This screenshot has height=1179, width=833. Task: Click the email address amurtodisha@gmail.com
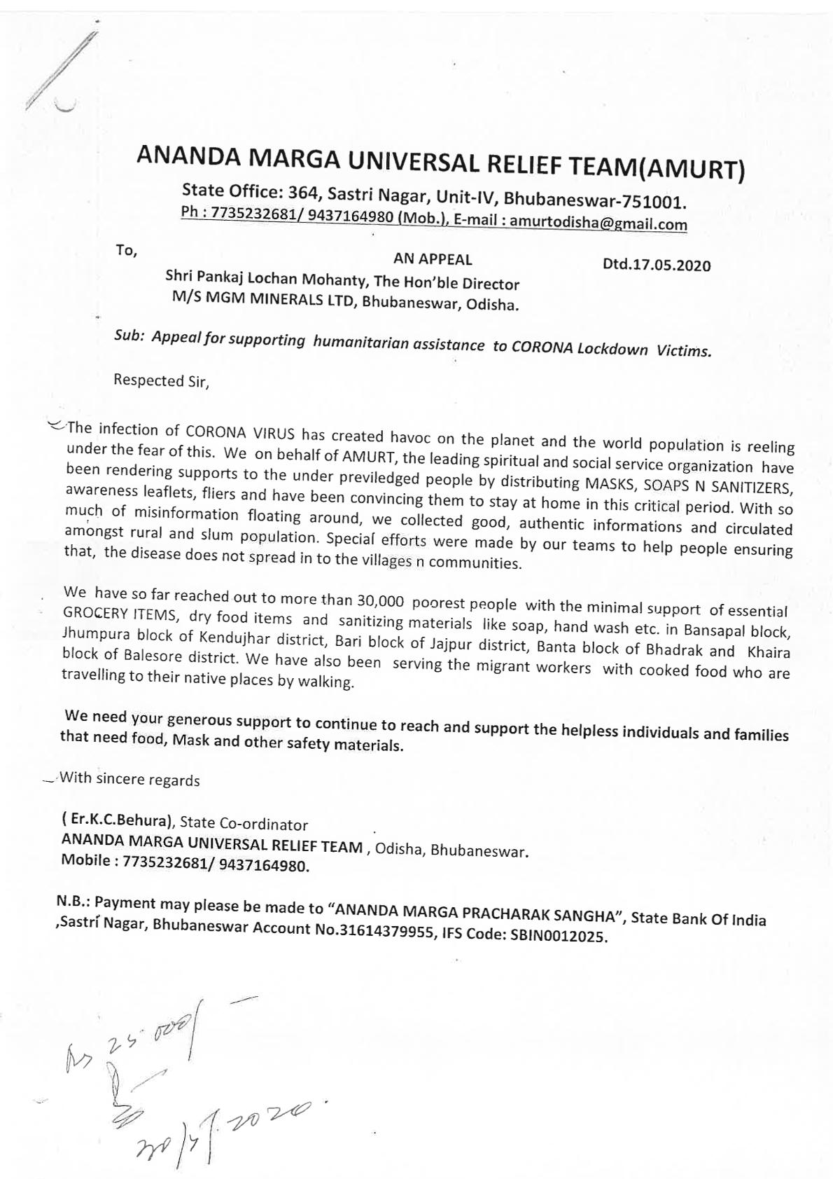tap(598, 222)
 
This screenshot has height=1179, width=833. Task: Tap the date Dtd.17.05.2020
tap(656, 266)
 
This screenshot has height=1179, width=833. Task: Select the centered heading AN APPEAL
tap(432, 259)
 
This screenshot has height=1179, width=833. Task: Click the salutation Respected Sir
tap(161, 381)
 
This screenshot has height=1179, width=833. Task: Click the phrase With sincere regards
tap(129, 779)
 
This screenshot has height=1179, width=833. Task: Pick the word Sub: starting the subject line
tap(129, 336)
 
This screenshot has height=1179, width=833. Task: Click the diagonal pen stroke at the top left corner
tap(63, 67)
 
